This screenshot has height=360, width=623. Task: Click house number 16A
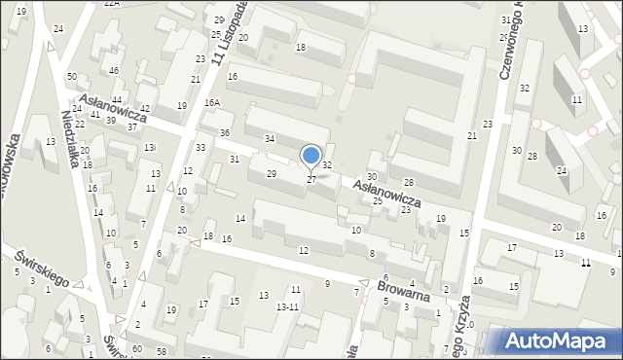[x=212, y=102]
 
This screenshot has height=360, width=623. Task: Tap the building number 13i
[x=149, y=147]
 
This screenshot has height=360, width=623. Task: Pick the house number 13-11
[x=287, y=306]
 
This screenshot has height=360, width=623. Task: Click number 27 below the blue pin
[x=311, y=180]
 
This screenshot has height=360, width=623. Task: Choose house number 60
[x=137, y=348]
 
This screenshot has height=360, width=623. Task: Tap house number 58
[x=161, y=350]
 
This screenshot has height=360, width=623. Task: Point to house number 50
[x=72, y=76]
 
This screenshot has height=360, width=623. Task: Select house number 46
[x=114, y=71]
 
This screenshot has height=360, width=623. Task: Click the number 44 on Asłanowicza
[x=116, y=100]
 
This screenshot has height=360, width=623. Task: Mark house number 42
[x=145, y=109]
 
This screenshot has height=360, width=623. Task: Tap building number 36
[x=225, y=132]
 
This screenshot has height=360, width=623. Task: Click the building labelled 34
[x=270, y=140]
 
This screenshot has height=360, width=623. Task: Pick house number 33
[x=200, y=147]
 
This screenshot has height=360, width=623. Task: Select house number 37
[x=131, y=127]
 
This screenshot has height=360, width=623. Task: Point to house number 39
[x=111, y=120]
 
